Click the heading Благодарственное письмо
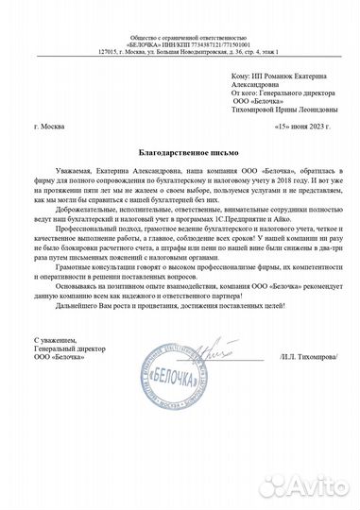[180, 150]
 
